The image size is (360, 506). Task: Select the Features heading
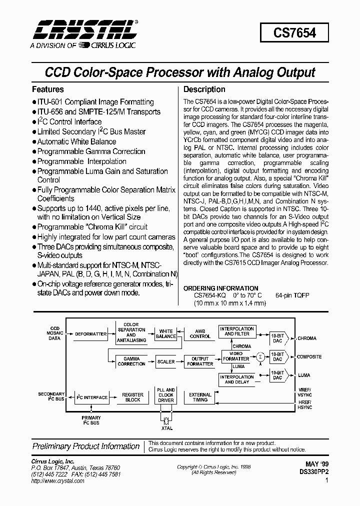[x=48, y=89]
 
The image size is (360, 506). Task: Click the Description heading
[x=204, y=89]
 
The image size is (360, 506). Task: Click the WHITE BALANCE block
[x=166, y=333]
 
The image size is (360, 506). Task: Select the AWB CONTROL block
[x=200, y=333]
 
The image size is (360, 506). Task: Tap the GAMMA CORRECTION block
[x=131, y=361]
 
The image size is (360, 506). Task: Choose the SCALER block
[x=166, y=361]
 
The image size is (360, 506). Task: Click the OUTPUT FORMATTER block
[x=200, y=361]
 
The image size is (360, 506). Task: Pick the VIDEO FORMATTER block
[x=236, y=356]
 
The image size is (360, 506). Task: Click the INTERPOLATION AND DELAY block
[x=236, y=379]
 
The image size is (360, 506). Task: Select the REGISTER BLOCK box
[x=132, y=397]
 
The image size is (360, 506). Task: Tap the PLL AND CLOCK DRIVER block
[x=166, y=394]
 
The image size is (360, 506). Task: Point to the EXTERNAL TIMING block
[x=200, y=397]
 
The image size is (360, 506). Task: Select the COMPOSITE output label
[x=309, y=356]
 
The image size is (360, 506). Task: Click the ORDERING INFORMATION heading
[x=221, y=288]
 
